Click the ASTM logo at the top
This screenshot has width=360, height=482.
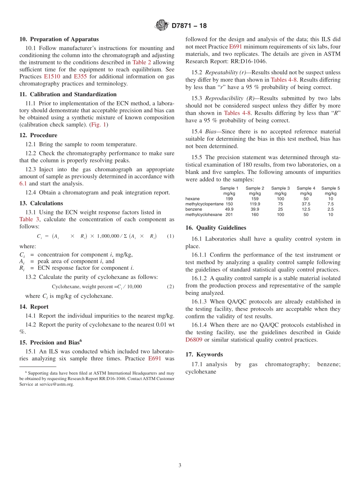(162, 26)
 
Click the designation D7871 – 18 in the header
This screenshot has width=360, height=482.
(189, 26)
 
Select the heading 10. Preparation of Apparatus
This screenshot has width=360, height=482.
(59, 39)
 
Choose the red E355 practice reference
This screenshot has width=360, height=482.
(80, 77)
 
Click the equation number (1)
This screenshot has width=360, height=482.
(171, 236)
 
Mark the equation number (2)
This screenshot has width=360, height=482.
(171, 286)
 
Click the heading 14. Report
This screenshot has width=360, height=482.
(34, 307)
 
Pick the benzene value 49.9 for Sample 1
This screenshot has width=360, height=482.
(229, 209)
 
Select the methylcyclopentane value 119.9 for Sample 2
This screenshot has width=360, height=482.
(255, 204)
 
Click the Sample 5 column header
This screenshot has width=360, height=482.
(330, 188)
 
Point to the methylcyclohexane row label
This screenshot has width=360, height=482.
(204, 214)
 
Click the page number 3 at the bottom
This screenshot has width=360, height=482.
(180, 466)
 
